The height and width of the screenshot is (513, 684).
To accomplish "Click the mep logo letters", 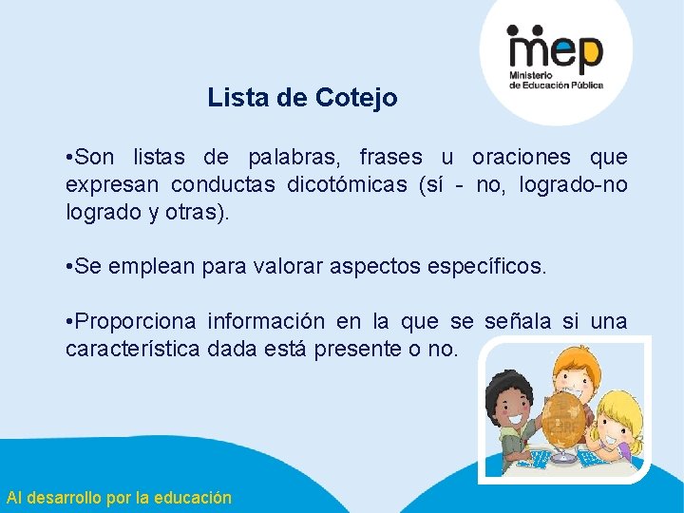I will (555, 48).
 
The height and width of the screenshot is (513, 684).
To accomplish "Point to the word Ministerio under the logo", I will (531, 75).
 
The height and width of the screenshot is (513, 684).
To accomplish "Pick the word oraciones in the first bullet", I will (521, 157).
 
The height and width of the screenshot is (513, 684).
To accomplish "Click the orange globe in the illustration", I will (560, 417).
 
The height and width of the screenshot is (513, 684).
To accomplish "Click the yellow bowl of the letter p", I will (588, 48).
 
